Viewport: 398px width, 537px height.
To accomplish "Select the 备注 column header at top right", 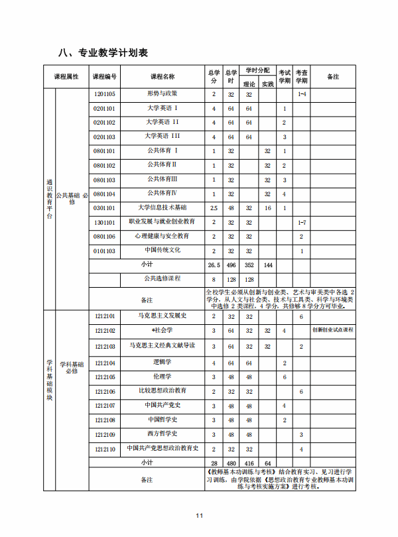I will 333,77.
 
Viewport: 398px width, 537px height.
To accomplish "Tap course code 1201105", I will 105,94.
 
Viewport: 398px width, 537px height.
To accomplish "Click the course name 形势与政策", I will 162,93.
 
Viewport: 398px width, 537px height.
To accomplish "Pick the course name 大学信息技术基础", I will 162,208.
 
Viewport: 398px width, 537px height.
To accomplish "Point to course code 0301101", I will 105,208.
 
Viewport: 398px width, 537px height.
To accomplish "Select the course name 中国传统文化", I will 162,251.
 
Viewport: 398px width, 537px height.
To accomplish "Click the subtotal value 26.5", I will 214,265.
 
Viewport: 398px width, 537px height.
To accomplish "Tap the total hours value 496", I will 231,265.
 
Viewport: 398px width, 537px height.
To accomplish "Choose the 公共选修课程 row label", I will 162,278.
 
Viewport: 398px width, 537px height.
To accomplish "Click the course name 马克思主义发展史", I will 162,316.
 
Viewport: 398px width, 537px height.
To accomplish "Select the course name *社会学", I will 162,330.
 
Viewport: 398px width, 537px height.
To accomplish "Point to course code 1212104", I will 105,363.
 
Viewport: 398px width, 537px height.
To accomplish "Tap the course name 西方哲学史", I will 162,434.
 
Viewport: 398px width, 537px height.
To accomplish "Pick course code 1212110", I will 105,449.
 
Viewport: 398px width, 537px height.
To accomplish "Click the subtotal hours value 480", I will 231,463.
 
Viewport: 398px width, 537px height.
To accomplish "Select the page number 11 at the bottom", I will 199,516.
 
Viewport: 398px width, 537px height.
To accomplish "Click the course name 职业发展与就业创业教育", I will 162,221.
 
